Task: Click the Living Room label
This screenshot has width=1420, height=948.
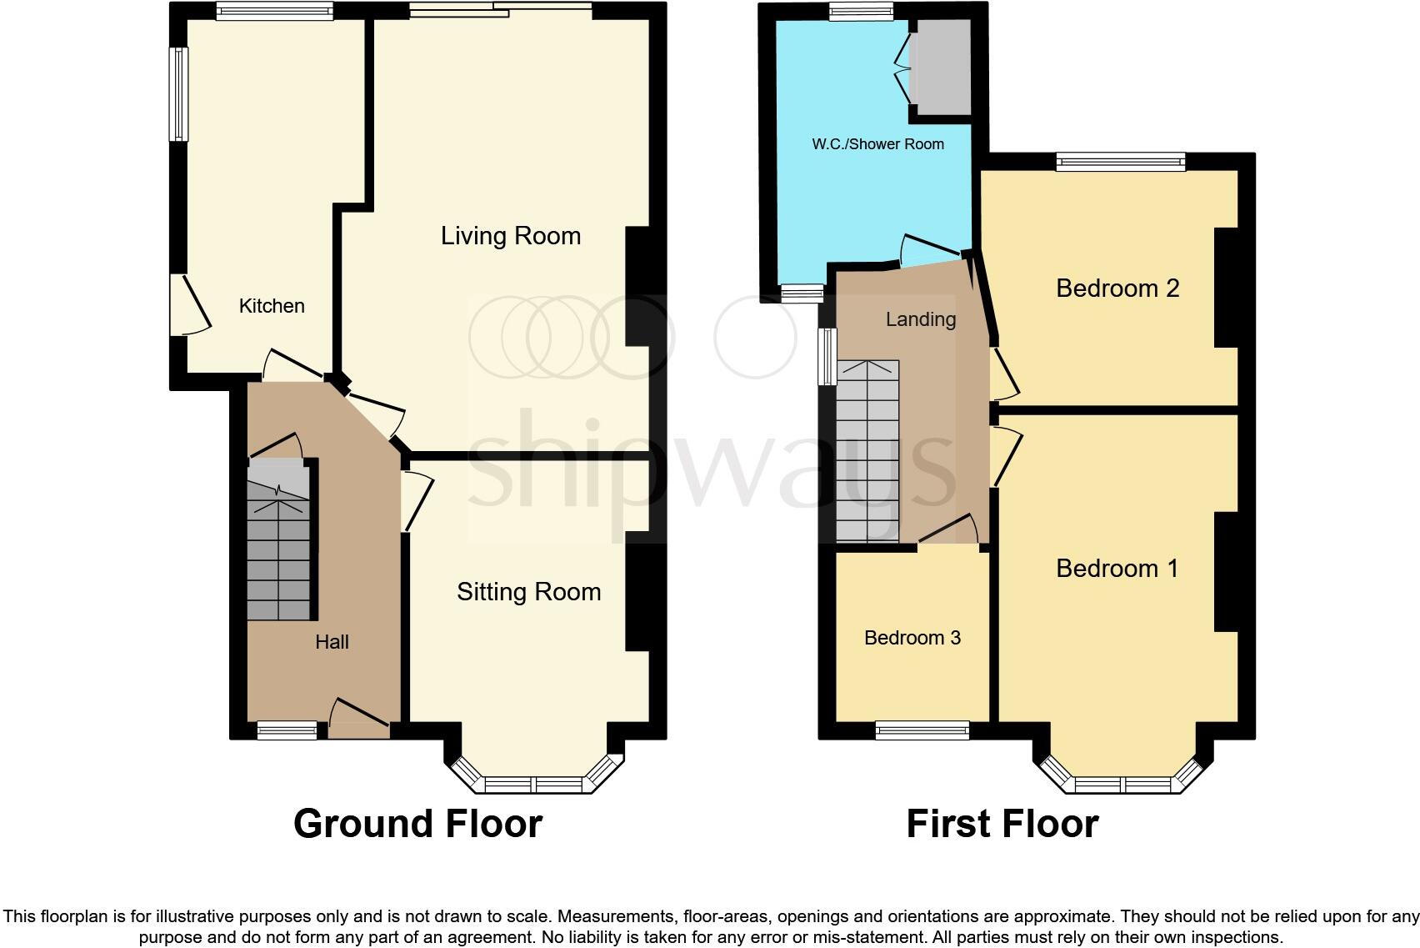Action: click(x=510, y=236)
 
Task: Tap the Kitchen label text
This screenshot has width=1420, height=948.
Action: click(x=272, y=306)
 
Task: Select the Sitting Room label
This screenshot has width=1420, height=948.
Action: click(x=528, y=592)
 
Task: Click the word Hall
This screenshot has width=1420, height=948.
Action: click(x=332, y=642)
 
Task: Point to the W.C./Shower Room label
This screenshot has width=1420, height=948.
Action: click(x=877, y=144)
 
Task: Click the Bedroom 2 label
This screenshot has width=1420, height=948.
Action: click(x=1117, y=288)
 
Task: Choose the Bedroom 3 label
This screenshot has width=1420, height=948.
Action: click(x=912, y=638)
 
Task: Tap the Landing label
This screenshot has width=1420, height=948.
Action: click(x=920, y=319)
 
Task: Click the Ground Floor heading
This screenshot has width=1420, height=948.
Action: click(x=417, y=824)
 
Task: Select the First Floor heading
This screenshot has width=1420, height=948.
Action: click(x=1002, y=824)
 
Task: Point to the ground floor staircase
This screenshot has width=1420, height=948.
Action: click(x=278, y=542)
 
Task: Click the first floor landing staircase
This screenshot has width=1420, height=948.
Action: click(x=867, y=450)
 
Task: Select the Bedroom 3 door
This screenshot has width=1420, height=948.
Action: click(x=950, y=530)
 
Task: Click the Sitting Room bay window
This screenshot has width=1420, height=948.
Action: click(x=533, y=784)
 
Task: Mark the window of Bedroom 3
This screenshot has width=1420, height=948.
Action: click(x=922, y=730)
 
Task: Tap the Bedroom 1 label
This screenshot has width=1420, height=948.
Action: click(x=1117, y=569)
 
